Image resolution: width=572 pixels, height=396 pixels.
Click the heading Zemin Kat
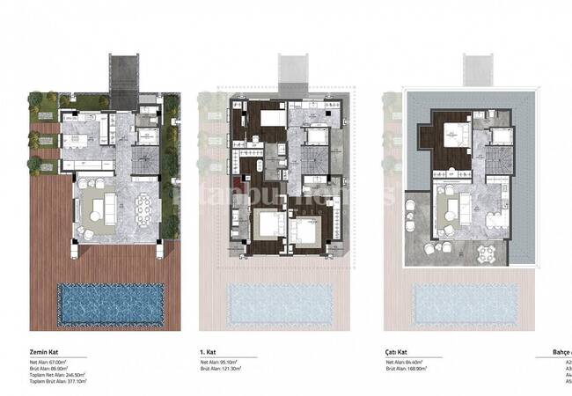(x=43, y=349)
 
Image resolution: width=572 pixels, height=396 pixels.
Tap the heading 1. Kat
(x=209, y=349)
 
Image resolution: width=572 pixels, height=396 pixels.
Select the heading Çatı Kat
(x=397, y=349)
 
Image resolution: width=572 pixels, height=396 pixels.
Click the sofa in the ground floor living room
(x=99, y=209)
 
